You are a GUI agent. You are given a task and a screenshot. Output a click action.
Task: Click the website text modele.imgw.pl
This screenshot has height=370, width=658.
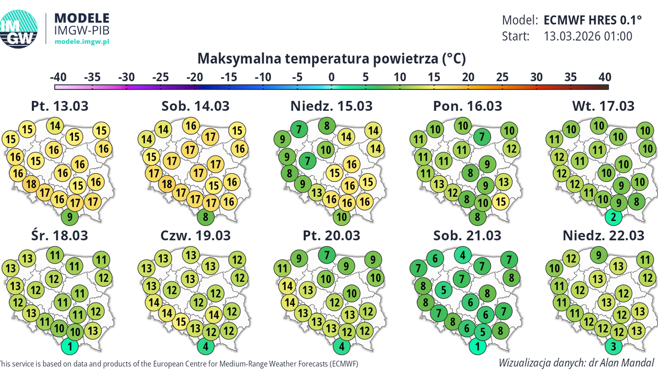82,42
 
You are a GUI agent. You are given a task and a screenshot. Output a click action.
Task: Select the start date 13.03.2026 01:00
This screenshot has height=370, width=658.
588,37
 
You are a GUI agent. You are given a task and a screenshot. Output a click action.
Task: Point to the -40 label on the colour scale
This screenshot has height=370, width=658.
58,77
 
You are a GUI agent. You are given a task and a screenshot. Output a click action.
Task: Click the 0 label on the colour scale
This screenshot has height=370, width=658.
331,77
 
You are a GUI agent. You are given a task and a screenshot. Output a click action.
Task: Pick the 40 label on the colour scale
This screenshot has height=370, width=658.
604,77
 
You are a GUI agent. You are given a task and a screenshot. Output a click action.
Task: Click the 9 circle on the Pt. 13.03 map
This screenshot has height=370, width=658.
70,217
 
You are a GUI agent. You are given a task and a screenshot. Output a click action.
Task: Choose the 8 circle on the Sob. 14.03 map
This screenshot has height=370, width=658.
205,217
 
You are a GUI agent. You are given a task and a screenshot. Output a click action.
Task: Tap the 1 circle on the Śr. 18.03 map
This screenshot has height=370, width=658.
70,346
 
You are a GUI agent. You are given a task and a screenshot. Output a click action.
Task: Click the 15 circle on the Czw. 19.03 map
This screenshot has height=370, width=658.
181,321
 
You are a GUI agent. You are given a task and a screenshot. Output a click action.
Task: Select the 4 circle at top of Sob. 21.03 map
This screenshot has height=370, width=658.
464,255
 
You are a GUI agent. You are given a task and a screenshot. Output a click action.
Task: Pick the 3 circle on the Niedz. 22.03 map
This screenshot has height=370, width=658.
615,346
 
